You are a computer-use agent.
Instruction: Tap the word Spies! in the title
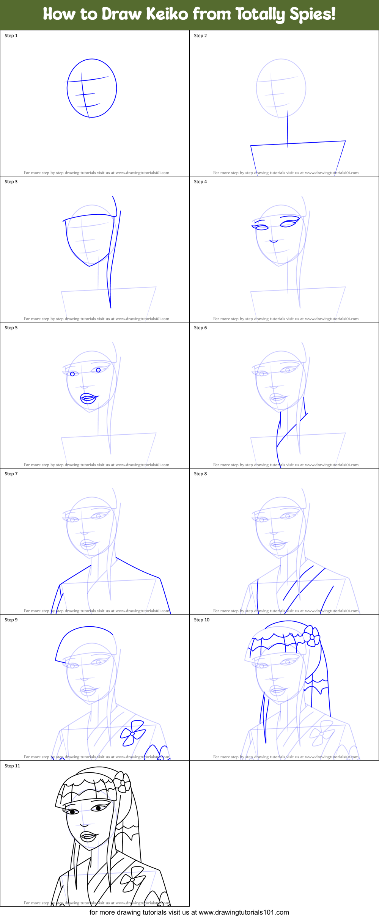[312, 14]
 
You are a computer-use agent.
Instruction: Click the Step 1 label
[11, 36]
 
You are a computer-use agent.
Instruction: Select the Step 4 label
[200, 182]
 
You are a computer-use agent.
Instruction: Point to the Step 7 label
[11, 474]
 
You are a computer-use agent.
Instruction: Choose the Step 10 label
[201, 620]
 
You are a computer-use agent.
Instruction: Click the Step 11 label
[12, 766]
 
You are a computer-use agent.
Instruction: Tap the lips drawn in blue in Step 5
[89, 398]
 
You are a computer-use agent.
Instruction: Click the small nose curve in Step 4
[274, 241]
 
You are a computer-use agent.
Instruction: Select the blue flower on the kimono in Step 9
[132, 733]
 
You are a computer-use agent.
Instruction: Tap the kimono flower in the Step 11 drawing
[132, 879]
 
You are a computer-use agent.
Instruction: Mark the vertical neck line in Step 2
[287, 127]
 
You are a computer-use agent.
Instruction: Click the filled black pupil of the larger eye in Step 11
[98, 808]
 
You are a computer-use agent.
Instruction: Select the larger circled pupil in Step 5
[98, 370]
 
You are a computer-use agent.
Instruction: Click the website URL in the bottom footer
[244, 912]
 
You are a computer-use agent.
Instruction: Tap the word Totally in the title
[260, 14]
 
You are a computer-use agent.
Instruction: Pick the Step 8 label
[200, 474]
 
